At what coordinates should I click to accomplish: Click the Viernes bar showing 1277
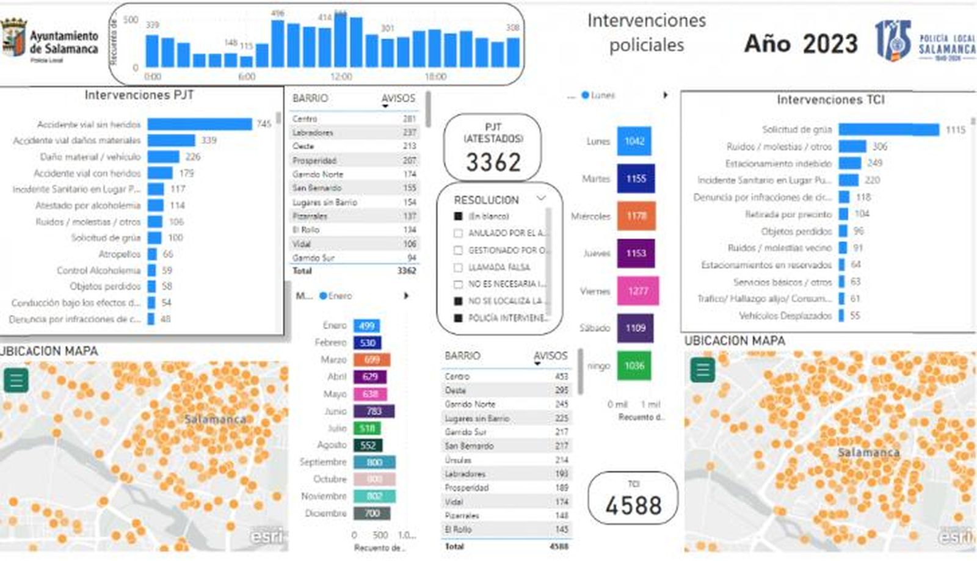tap(637, 291)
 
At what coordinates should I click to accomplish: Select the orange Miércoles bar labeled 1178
tap(636, 216)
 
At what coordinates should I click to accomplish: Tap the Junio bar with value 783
tap(374, 411)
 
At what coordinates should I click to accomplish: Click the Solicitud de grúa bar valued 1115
tap(888, 129)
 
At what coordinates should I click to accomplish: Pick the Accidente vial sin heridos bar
tap(200, 124)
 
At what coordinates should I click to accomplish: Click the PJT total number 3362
tap(493, 162)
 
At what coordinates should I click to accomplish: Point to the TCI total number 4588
tap(633, 505)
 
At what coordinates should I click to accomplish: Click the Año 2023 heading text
tap(801, 44)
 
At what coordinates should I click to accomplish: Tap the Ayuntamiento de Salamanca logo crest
tap(13, 38)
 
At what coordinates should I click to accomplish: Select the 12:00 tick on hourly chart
tap(341, 77)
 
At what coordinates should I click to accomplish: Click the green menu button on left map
tap(16, 380)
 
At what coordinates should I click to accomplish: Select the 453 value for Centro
tap(561, 377)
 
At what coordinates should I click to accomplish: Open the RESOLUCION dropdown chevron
tap(540, 198)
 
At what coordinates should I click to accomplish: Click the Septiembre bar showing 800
tap(374, 462)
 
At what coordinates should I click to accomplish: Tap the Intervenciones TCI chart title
tap(830, 100)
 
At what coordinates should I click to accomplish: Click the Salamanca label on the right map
tap(868, 452)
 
